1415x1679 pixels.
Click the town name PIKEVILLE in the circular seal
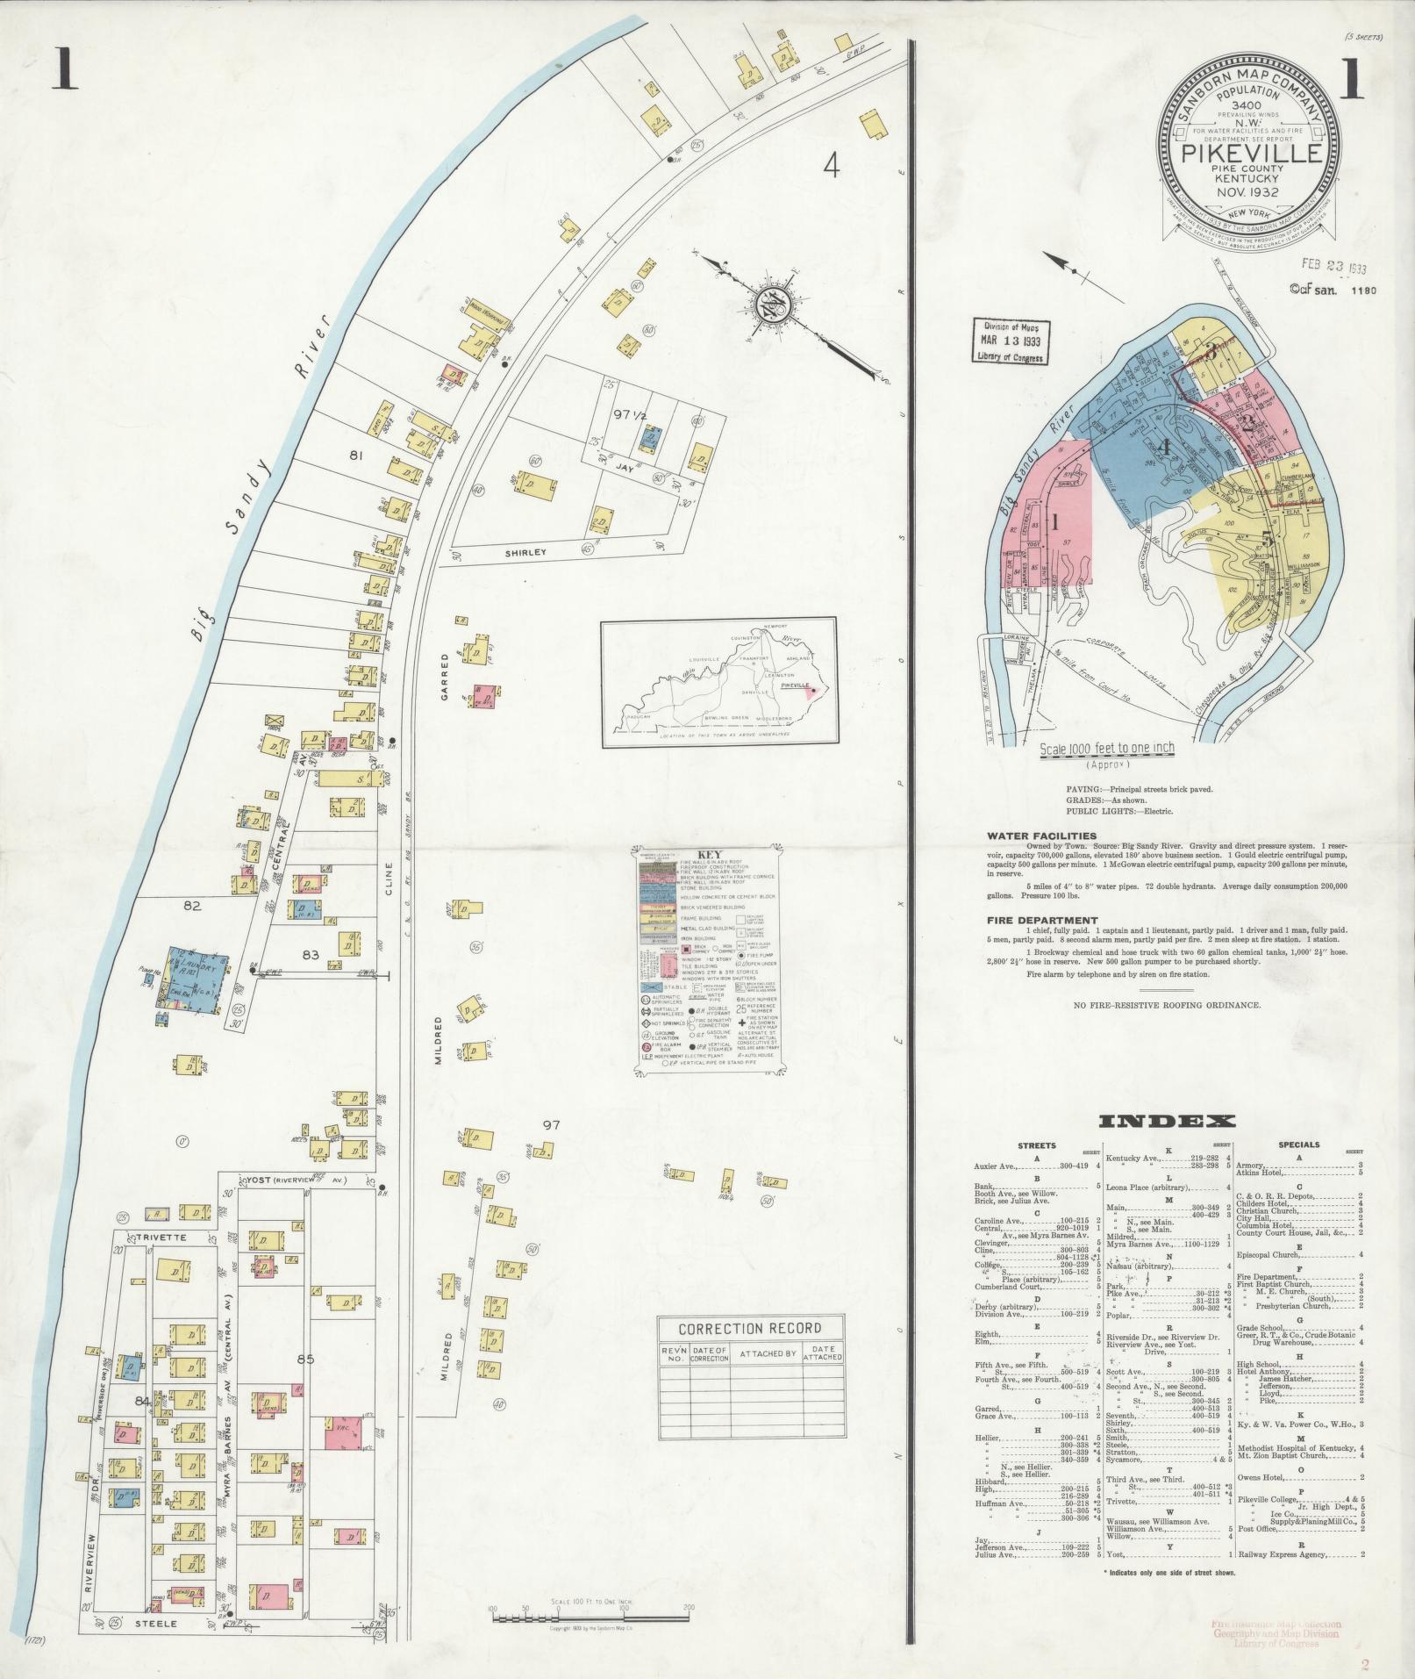(x=1250, y=154)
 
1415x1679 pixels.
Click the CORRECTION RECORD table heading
(x=750, y=1328)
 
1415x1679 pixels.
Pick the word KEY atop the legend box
(x=708, y=854)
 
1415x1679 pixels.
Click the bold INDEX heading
(x=1167, y=1121)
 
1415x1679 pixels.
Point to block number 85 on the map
(x=306, y=1361)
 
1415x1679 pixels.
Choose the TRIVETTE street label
(x=158, y=1238)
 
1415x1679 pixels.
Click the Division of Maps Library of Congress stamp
(x=1011, y=341)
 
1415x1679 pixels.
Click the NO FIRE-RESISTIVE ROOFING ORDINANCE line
(x=1167, y=1005)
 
